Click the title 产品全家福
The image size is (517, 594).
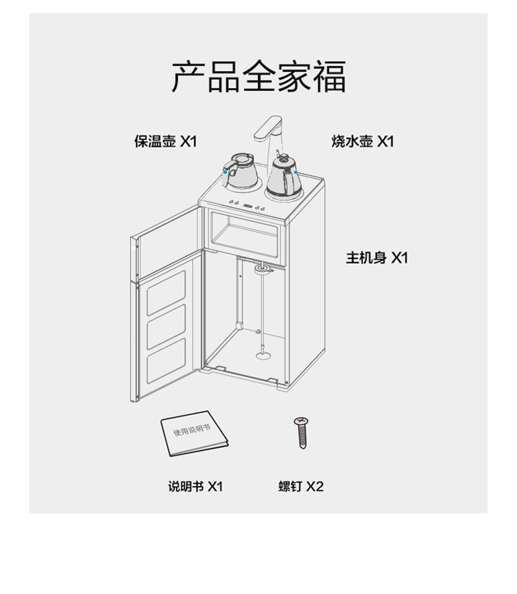[x=259, y=76]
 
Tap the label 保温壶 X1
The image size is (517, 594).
[x=165, y=141]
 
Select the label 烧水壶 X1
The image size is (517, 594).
[x=363, y=141]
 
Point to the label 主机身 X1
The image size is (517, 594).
[x=377, y=258]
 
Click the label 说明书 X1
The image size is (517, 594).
[x=196, y=486]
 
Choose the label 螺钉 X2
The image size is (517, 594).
[x=301, y=486]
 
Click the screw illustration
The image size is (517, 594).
[x=301, y=433]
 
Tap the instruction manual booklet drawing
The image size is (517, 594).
[x=194, y=433]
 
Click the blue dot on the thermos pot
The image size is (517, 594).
[x=225, y=172]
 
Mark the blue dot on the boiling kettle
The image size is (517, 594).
[x=296, y=172]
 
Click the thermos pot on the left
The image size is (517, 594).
[x=240, y=172]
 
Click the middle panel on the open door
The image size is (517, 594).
[x=166, y=326]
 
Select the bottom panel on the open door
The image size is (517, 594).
[x=166, y=360]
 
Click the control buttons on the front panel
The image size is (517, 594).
[x=247, y=206]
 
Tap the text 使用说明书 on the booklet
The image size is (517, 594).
[x=192, y=429]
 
